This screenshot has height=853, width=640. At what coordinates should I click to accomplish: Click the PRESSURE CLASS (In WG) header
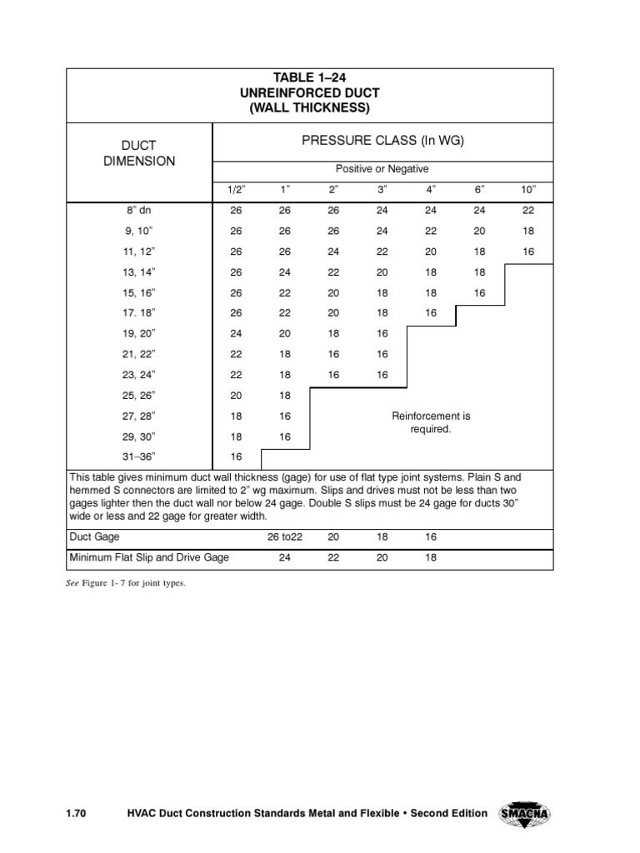click(382, 141)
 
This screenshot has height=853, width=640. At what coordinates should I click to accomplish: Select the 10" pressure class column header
click(529, 190)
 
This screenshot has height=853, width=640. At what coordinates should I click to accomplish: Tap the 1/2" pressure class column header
click(236, 190)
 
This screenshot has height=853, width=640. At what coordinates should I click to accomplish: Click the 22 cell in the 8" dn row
click(529, 211)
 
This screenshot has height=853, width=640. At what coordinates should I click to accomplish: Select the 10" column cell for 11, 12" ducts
click(529, 252)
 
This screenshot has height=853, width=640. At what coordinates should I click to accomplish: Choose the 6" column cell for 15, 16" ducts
click(480, 293)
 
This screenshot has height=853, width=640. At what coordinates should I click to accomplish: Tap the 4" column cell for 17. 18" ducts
click(431, 313)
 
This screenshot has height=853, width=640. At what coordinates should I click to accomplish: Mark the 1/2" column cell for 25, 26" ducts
click(236, 395)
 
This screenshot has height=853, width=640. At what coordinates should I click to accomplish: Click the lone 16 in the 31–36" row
click(236, 456)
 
